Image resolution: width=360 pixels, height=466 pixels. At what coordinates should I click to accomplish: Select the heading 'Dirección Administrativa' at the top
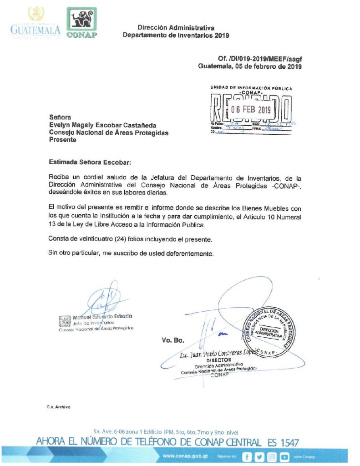point(176,28)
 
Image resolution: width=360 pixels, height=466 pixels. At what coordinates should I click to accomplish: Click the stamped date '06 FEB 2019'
point(251,109)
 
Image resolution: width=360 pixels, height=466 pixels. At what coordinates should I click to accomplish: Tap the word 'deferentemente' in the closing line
point(187,253)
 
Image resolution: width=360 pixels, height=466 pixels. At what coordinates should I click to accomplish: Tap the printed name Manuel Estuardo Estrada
point(102,316)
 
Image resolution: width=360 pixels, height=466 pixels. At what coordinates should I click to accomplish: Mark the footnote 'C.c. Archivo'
point(58,407)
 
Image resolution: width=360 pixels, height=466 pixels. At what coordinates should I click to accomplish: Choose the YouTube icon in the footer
point(285,456)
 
